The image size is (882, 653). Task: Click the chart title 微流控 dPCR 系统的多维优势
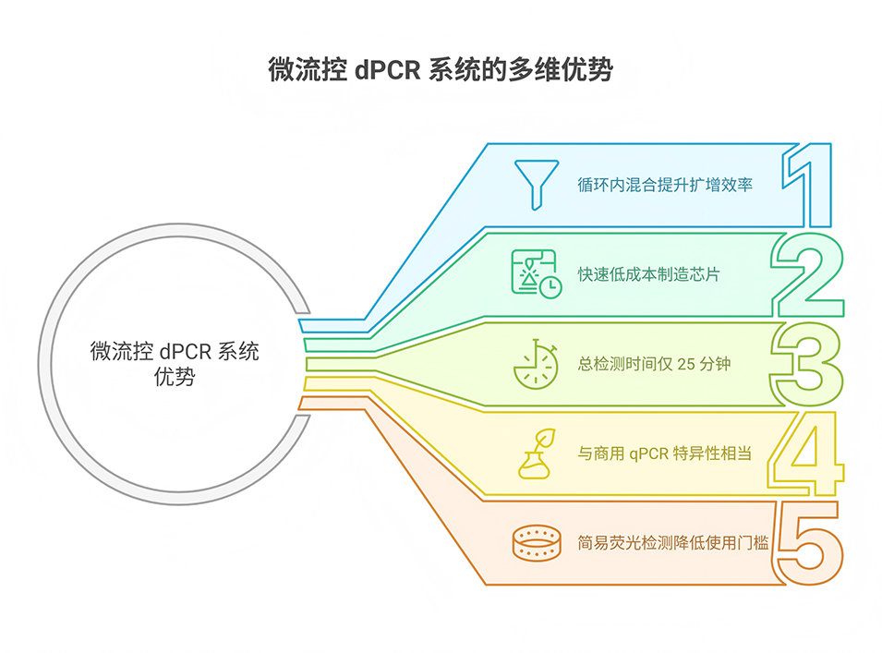pos(441,71)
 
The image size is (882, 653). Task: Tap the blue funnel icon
pos(534,183)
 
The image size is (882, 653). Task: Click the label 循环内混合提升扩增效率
pos(665,185)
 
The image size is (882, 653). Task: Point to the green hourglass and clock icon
pos(535,273)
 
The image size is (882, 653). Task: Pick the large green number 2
pos(806,274)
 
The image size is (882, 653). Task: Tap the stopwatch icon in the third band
pos(535,363)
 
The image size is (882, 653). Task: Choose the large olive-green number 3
pos(806,363)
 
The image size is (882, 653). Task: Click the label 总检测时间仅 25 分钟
pos(654,364)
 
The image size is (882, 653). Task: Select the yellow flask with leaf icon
pos(534,452)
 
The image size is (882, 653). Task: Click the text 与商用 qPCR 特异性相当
pos(664,453)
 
